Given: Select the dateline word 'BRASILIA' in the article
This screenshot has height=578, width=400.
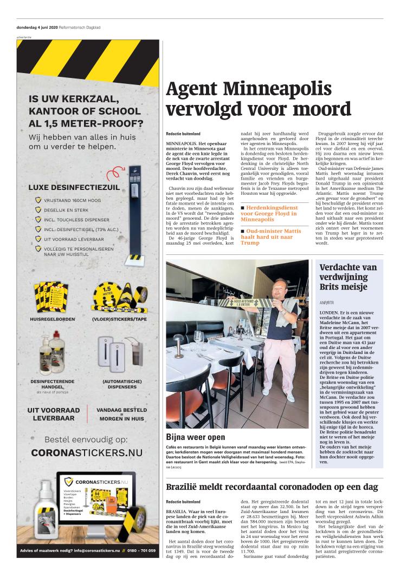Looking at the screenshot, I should (x=177, y=510).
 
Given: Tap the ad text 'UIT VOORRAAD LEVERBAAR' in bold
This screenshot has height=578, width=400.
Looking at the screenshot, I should (x=54, y=414).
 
